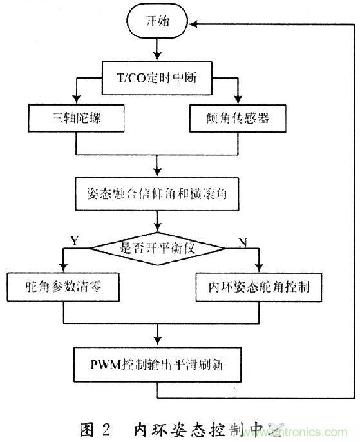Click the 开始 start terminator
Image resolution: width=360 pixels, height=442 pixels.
(x=158, y=23)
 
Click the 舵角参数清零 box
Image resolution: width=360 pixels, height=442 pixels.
(x=63, y=287)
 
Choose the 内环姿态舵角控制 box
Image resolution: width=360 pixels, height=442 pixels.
(x=256, y=287)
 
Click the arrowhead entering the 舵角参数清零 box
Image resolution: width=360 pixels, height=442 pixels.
(x=63, y=269)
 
